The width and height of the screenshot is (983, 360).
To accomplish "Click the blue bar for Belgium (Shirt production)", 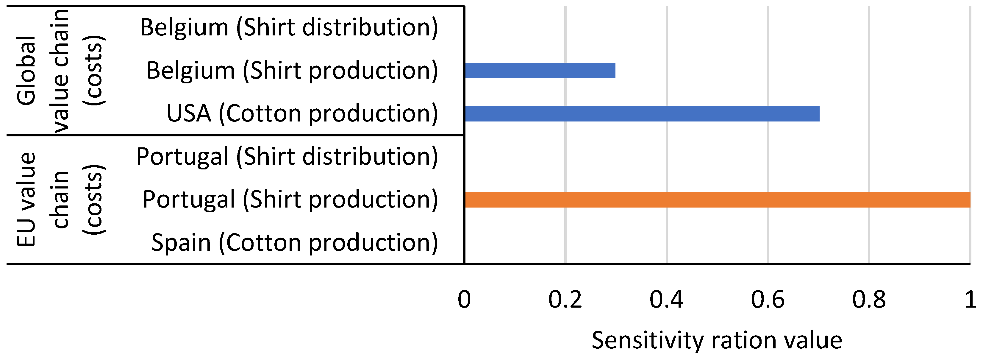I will [x=540, y=71].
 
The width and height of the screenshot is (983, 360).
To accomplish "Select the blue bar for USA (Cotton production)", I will [x=642, y=114].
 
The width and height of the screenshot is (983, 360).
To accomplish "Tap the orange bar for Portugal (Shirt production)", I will [x=718, y=200].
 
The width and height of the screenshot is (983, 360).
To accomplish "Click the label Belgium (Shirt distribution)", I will [x=289, y=27].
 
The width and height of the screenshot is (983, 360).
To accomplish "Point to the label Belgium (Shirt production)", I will [x=292, y=71].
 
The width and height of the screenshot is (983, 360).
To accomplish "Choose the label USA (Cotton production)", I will [x=302, y=113].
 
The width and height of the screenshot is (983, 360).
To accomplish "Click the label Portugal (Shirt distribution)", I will [x=287, y=157].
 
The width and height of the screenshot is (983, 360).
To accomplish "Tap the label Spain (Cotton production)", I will [x=294, y=243].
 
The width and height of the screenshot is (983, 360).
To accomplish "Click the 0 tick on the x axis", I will [x=464, y=299].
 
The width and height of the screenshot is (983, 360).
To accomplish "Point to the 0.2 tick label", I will [x=565, y=299].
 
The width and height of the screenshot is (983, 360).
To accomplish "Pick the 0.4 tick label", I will [x=666, y=299].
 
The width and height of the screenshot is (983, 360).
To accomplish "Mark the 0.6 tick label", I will [x=768, y=299].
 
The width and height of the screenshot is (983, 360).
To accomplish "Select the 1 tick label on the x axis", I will [x=970, y=299].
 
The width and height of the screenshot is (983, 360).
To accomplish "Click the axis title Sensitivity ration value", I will [x=717, y=340].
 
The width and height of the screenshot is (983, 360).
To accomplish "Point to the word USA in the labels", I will [x=189, y=113].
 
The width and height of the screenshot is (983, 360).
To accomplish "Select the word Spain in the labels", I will [x=181, y=243].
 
